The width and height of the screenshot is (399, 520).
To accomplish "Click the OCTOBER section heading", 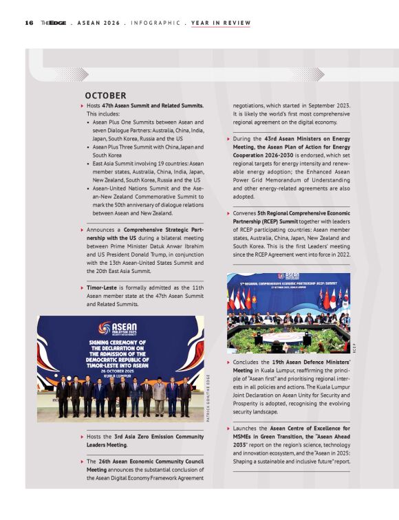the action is (105, 95).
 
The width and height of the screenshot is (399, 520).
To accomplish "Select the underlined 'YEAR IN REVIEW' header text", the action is (220, 23).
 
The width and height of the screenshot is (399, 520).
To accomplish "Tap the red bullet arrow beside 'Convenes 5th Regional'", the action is (228, 214).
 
